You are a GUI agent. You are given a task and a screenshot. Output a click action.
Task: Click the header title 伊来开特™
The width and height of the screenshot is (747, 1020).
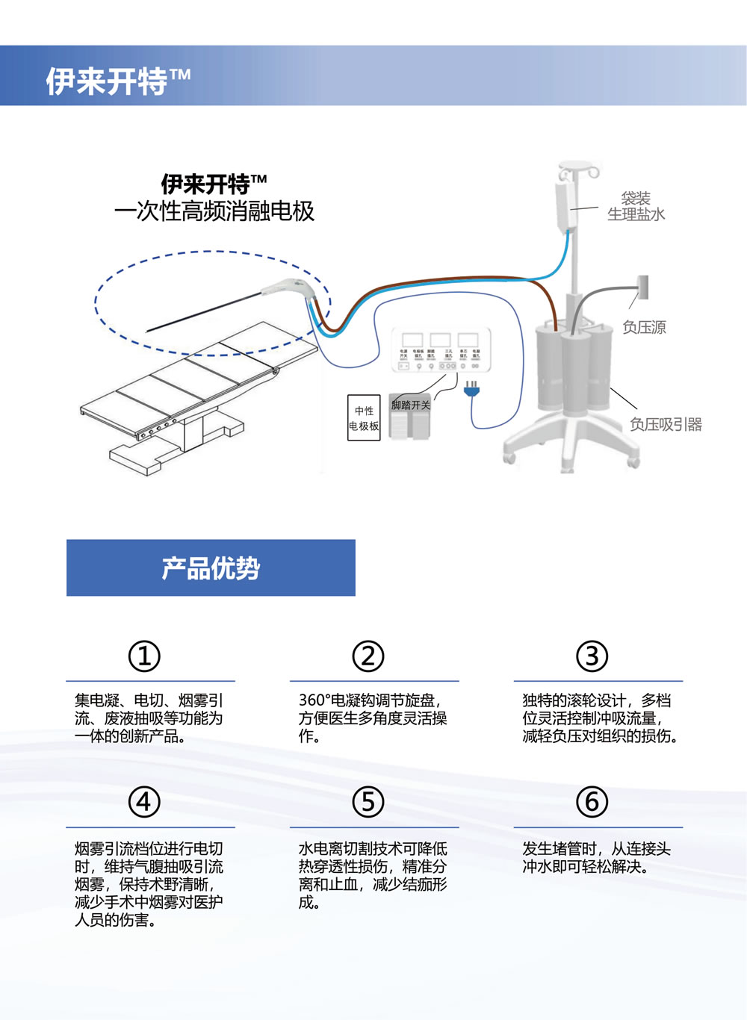click(118, 81)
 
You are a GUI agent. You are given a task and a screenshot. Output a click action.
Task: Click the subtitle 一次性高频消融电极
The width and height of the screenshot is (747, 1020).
click(214, 211)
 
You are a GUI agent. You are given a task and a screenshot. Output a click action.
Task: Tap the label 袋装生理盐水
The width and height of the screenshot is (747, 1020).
click(636, 206)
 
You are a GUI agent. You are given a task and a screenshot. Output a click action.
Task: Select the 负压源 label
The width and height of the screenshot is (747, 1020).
click(644, 327)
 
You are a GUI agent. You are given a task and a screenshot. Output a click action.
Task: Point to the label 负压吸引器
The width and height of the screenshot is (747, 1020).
click(666, 424)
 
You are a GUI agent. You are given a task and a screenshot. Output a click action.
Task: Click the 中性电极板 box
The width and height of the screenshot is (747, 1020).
click(364, 418)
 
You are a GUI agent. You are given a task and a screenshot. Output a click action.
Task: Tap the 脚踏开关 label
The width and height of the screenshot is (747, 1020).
click(411, 405)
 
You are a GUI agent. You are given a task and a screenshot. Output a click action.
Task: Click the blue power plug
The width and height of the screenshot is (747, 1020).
click(471, 388)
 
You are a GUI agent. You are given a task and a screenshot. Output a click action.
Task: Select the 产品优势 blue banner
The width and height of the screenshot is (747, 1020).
click(211, 567)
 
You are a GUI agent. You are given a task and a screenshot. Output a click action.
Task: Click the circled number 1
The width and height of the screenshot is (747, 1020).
click(144, 656)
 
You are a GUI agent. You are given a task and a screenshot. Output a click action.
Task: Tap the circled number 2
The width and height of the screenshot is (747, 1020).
click(368, 656)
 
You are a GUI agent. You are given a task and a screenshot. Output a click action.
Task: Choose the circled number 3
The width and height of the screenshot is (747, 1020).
click(592, 656)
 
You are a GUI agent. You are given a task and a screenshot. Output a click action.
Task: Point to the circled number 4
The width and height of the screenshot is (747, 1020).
click(144, 802)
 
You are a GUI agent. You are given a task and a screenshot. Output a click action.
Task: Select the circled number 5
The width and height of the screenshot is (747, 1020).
click(368, 802)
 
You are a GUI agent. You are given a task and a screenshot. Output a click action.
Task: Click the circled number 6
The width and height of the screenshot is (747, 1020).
click(592, 802)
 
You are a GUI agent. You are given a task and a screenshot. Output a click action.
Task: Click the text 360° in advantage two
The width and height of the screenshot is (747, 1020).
click(314, 700)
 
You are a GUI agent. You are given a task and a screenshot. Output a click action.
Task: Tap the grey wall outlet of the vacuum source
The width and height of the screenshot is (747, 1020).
click(642, 287)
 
